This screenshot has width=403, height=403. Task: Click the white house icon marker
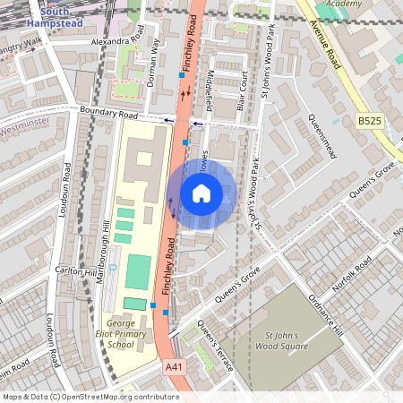pos(201,193)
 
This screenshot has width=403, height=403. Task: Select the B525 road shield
pos(368,120)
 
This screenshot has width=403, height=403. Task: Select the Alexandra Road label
pos(117,41)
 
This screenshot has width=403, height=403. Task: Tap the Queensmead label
pos(321,136)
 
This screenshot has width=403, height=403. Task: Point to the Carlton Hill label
pos(76,271)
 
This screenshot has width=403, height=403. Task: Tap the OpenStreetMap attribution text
pos(90,397)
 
